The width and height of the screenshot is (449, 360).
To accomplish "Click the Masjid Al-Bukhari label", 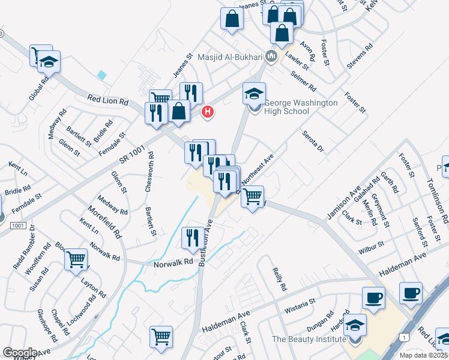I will [231, 57].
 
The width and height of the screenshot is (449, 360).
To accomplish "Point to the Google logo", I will [20, 353].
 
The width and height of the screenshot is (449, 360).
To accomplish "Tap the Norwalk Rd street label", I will [173, 262].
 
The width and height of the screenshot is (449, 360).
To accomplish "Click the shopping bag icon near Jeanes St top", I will [231, 19].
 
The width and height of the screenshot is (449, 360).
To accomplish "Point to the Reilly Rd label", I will [279, 280].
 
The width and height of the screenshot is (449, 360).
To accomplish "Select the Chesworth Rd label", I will [150, 172].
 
